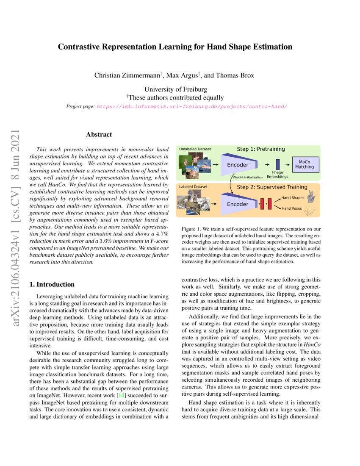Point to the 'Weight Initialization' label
click(248, 177)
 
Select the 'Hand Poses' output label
click(291, 208)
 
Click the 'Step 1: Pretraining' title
click(260, 149)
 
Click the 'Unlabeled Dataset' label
click(195, 149)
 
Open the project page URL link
click(192, 106)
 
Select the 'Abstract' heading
click(99, 135)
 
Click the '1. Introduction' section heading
click(52, 284)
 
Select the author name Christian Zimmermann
click(129, 76)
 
